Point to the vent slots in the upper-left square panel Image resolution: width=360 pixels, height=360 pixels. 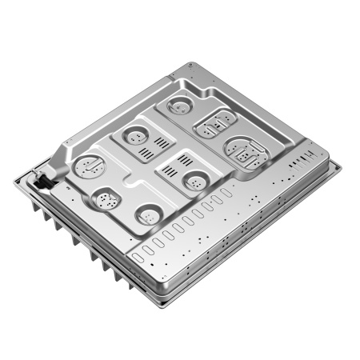click(162, 145)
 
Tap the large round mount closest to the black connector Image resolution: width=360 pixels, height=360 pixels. click(86, 166)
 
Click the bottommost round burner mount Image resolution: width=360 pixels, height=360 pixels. click(148, 214)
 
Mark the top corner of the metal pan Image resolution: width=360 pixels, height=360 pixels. click(190, 64)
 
